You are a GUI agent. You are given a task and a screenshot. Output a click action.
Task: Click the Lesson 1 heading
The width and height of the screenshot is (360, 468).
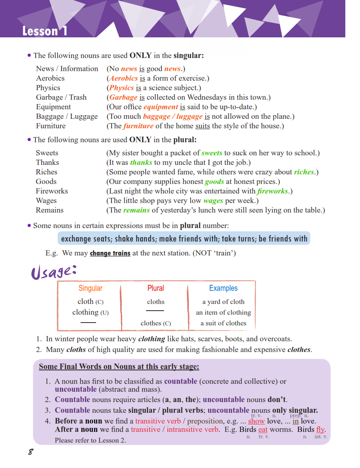point(45,31)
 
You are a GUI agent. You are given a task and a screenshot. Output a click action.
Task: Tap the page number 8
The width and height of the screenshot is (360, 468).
point(30,452)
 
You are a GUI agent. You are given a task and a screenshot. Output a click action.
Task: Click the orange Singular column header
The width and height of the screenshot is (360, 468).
point(90,288)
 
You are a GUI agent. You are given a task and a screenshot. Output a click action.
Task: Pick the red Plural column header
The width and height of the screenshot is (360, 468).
point(156,288)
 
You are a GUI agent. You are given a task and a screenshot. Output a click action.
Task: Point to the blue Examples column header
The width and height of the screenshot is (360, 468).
point(223,288)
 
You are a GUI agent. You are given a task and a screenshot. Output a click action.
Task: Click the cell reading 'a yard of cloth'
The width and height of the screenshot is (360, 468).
point(223,302)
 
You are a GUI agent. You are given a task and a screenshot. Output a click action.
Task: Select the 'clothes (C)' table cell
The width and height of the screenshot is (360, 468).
point(156,323)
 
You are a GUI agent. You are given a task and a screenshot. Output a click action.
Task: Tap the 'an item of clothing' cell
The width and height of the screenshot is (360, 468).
point(223,312)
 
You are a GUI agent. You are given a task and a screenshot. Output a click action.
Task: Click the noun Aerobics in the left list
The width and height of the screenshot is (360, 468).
point(50,78)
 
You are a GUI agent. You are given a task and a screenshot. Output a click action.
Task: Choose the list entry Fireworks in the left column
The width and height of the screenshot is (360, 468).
point(52,191)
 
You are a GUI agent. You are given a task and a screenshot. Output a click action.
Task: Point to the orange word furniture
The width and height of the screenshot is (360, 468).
point(138,126)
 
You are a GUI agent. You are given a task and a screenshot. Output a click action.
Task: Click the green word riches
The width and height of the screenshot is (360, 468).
point(304,172)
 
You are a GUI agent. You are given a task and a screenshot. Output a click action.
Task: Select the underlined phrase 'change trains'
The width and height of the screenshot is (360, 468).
point(110,253)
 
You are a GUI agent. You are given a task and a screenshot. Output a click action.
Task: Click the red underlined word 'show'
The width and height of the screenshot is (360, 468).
point(256,421)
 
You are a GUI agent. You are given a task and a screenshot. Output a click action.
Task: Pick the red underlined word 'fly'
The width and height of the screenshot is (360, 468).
point(320,429)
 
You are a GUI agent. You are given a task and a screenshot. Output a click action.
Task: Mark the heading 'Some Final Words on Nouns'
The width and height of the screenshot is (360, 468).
point(119,366)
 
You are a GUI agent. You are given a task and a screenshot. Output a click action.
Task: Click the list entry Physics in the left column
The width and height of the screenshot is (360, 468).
point(48,88)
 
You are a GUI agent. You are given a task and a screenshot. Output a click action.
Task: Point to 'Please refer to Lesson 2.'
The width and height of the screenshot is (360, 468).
point(90,440)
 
